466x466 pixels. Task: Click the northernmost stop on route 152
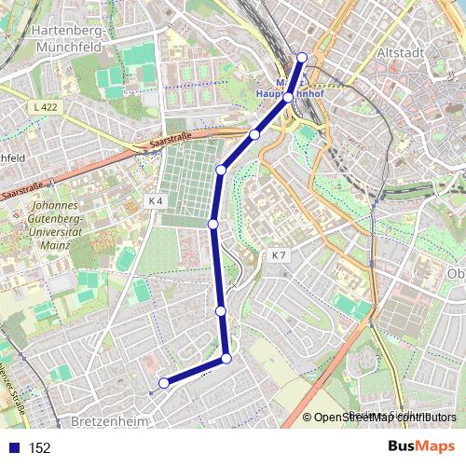click(301, 58)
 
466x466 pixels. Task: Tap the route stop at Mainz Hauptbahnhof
click(289, 97)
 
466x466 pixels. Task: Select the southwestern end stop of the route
click(164, 382)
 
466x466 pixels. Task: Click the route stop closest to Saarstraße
click(254, 135)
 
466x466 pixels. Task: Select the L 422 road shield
click(42, 108)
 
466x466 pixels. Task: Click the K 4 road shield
click(156, 200)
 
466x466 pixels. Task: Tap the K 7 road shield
click(279, 255)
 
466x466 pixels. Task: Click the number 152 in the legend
click(39, 447)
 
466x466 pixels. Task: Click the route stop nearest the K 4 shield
click(213, 224)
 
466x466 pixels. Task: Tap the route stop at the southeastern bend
click(226, 359)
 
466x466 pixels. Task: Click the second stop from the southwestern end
click(226, 359)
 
